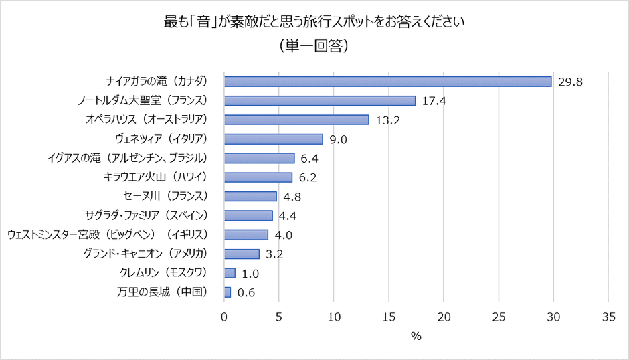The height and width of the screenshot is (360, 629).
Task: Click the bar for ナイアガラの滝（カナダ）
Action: (387, 82)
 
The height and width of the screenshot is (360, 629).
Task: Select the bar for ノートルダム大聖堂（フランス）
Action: (320, 100)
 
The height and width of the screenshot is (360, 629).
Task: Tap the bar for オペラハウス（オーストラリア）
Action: (296, 120)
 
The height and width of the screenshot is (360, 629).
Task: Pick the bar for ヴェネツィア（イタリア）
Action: (274, 139)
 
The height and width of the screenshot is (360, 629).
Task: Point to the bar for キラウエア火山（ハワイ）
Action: (258, 177)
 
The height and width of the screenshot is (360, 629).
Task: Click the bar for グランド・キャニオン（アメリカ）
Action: (242, 254)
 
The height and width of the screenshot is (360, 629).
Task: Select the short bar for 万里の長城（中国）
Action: (228, 292)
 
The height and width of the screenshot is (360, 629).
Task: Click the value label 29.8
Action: (570, 82)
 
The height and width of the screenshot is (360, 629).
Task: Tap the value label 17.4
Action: (434, 101)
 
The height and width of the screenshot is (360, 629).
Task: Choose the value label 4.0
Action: (284, 235)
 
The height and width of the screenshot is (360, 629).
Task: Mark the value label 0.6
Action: (247, 293)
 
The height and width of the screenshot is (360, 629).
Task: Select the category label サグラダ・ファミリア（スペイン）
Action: (147, 215)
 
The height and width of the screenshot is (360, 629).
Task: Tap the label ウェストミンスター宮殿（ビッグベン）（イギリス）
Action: (108, 235)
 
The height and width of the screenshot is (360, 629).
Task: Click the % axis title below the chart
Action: (416, 336)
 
